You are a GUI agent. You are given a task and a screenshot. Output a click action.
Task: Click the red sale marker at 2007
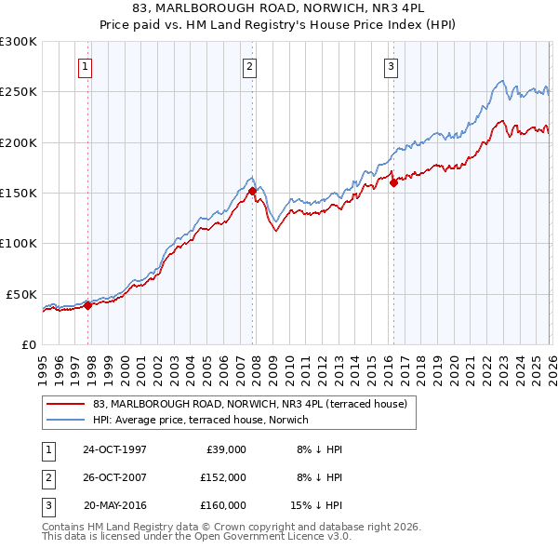point(252,191)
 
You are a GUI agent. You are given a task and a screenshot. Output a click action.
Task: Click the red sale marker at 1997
point(88,304)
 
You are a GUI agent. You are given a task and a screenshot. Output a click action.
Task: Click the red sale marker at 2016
point(392,182)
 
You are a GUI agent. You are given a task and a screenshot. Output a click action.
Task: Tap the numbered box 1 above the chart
point(86,66)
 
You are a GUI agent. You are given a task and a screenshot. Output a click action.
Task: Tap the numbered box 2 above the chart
point(250,66)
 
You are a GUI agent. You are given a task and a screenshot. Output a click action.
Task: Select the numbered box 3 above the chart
point(391,66)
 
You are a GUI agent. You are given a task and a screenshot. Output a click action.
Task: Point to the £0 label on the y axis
point(27,344)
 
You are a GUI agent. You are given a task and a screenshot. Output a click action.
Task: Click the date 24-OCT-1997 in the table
point(114,449)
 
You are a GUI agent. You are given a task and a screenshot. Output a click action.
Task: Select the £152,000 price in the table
point(223,477)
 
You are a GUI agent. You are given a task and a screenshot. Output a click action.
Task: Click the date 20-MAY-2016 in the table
point(114,505)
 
